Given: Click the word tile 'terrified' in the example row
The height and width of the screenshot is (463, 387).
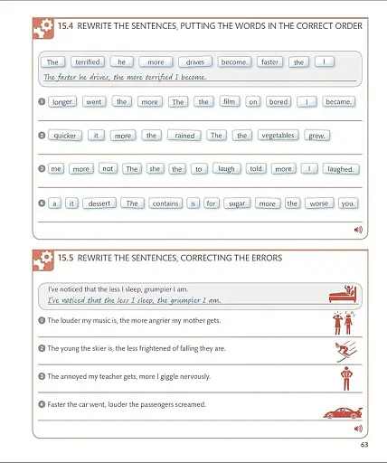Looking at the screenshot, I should click(88, 62).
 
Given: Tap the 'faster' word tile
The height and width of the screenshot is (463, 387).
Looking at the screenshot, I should click(269, 62).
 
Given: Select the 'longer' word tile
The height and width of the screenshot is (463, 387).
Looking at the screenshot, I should click(61, 102).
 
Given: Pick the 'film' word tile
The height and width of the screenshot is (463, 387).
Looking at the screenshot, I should click(229, 102).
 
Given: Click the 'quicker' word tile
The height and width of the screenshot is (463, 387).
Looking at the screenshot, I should click(65, 136).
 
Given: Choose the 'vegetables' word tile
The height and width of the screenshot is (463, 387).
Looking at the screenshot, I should click(278, 136).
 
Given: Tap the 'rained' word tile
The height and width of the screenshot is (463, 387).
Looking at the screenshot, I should click(184, 136).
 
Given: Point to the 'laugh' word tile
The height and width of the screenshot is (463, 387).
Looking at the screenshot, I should click(226, 169).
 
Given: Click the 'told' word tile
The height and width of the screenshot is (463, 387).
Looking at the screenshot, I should click(256, 169).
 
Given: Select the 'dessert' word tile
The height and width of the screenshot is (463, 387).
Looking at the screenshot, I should click(99, 203).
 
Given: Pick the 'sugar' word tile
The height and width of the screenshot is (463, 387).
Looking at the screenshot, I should click(237, 203).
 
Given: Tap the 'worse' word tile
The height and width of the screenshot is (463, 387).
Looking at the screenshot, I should click(319, 203).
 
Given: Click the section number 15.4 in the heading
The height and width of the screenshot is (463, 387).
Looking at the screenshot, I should click(66, 26).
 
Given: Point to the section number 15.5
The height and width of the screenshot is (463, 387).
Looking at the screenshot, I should click(66, 258).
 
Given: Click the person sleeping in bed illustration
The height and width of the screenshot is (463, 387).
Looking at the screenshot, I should click(344, 294).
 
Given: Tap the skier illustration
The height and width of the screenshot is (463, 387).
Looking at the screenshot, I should click(344, 351).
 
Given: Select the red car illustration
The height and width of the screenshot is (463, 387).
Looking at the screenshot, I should click(343, 412).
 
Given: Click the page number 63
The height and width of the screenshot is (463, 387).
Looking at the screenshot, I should click(363, 444).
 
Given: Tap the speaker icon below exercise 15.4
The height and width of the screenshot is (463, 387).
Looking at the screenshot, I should click(358, 230).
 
